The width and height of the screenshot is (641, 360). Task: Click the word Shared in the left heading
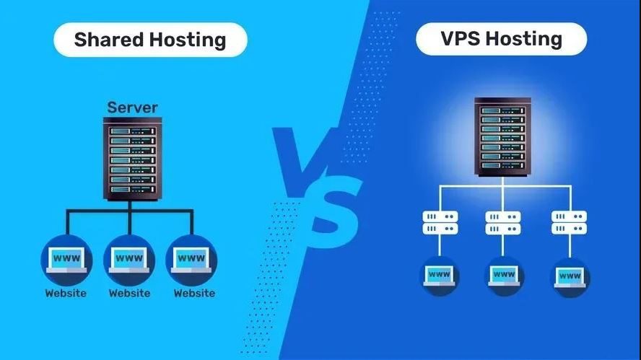coord(109,40)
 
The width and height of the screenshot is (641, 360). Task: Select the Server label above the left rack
coord(132,107)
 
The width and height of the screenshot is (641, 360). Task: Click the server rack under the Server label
coord(132,159)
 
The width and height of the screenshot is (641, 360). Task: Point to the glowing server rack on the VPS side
coord(503,137)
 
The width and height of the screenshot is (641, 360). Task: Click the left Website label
coord(66,293)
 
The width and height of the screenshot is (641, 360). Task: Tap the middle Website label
coord(130,293)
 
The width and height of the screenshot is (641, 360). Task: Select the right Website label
coord(195,293)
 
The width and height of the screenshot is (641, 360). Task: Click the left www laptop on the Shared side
coord(66,260)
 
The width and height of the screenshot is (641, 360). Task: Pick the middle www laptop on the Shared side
coord(129,260)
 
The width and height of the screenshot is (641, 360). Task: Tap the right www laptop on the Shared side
coord(191,260)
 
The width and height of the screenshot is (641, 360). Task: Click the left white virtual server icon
coord(440,222)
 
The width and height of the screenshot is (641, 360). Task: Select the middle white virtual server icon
coord(503,222)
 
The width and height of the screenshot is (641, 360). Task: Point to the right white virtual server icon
coord(569,222)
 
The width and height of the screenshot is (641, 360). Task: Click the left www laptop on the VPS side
coord(439,276)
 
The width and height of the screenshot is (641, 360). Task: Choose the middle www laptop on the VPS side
coord(504,276)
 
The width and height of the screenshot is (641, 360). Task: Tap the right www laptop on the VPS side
coord(570,278)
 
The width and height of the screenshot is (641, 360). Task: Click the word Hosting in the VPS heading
coord(524,39)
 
